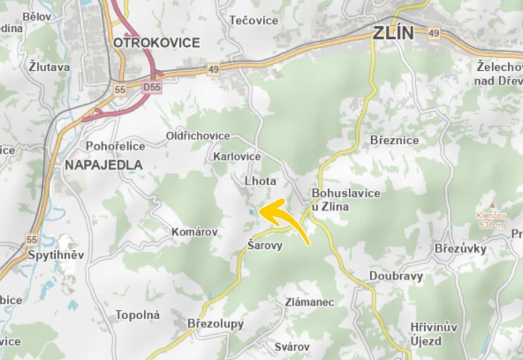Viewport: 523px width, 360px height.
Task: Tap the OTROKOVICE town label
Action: coord(156,43)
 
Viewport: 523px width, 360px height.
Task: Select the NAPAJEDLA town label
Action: coord(104,165)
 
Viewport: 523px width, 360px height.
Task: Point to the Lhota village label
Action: coord(260,181)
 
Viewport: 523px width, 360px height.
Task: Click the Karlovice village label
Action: coord(237,157)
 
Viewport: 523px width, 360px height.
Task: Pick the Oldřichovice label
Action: coord(198,135)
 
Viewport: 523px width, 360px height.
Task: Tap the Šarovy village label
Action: coord(265,245)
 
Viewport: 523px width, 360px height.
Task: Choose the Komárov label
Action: coord(194,232)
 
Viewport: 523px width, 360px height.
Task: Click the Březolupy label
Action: coord(215,324)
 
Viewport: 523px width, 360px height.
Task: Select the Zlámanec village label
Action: coord(309,302)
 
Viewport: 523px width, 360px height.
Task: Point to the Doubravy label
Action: coord(396,275)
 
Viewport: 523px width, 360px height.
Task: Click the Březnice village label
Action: coord(394,140)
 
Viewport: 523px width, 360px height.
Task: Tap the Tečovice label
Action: coord(254,20)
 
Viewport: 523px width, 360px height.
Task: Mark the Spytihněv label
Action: coord(56,255)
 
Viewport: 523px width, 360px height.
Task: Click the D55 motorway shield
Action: coord(152,87)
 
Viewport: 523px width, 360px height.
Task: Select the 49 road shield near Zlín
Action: coord(433,33)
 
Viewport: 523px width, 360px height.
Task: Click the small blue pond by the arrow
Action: coord(250,211)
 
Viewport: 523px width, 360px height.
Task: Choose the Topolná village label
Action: coord(137,315)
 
